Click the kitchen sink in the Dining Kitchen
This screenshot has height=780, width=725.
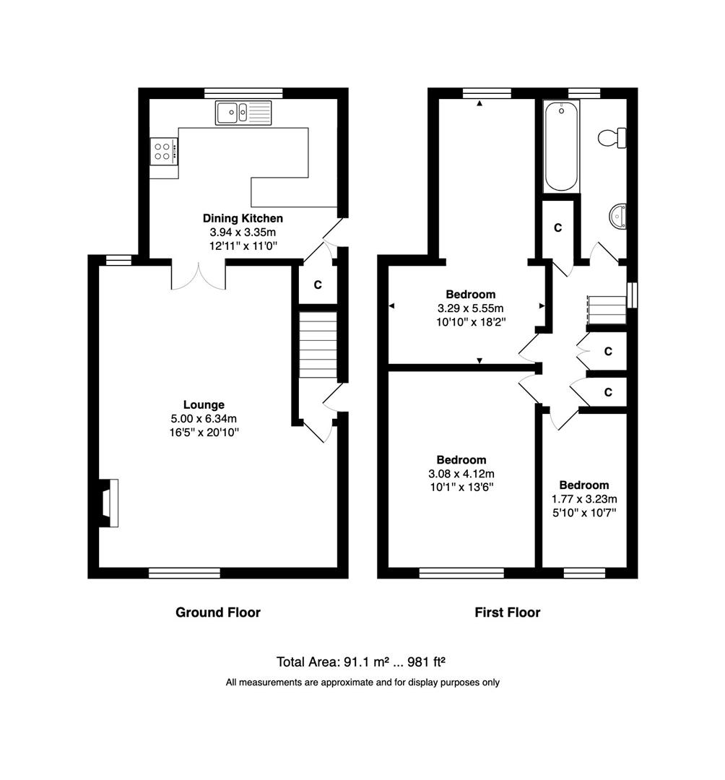point(243,113)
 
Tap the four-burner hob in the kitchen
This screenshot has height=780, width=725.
point(164,151)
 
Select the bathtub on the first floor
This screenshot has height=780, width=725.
point(561,146)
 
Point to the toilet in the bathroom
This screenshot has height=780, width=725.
point(612,137)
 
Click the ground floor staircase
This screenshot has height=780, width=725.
point(318,344)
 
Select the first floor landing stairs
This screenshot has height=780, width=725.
point(607,310)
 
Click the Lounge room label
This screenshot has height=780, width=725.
point(204,404)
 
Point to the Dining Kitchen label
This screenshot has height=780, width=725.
point(243,218)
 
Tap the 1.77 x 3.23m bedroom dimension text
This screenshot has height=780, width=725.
point(584,499)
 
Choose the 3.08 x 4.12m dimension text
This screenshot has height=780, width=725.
point(461,474)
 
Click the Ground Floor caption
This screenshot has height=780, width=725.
point(218,612)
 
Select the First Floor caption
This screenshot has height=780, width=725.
point(507,612)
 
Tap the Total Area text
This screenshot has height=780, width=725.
point(361,662)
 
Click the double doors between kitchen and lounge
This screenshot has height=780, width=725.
point(199,277)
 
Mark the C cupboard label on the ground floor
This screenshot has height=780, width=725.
point(318,285)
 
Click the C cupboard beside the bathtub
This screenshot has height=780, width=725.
point(558,227)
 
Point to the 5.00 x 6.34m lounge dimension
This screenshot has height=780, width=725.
point(204,418)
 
